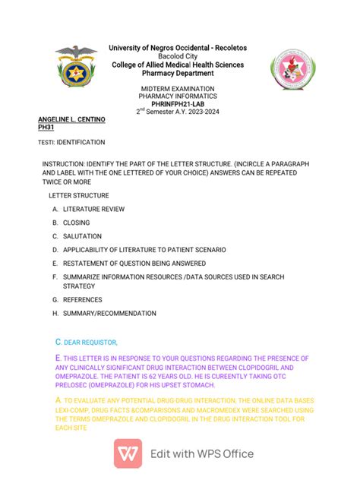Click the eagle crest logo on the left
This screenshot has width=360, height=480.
(76, 68)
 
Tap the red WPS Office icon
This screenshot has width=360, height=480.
(128, 454)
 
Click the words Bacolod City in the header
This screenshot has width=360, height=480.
(177, 56)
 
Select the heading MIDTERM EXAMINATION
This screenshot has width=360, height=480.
(177, 89)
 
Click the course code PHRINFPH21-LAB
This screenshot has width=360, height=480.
(177, 103)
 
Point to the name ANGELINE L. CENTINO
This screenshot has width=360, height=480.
(71, 120)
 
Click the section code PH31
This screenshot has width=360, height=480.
(46, 128)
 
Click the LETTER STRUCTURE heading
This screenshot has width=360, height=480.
(78, 195)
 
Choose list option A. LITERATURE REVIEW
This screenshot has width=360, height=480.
(88, 209)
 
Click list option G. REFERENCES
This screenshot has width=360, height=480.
(78, 300)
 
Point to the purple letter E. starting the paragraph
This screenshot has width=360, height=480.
(58, 358)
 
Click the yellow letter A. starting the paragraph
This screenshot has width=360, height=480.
(58, 399)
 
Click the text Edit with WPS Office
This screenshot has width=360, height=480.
(201, 454)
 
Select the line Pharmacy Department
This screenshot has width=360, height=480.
(177, 73)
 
